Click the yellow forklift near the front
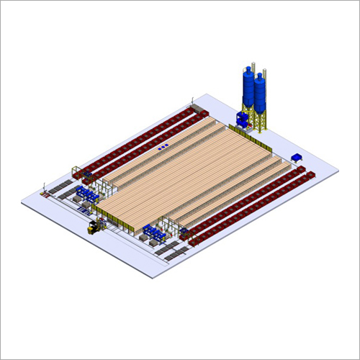94,228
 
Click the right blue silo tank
259,94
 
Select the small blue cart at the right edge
297,157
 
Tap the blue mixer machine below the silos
243,119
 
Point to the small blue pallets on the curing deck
163,147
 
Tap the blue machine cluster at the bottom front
153,232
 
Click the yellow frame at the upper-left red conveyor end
75,173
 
